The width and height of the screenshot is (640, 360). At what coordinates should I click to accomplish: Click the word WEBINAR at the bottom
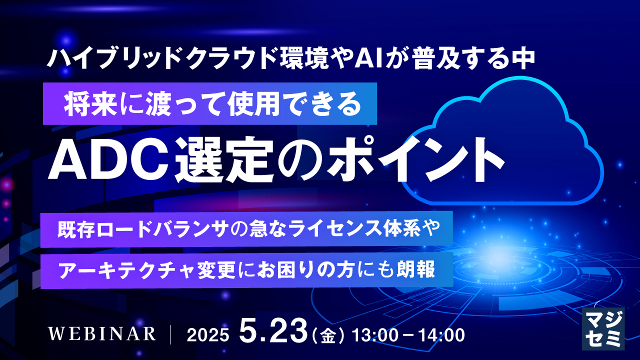(x=102, y=334)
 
